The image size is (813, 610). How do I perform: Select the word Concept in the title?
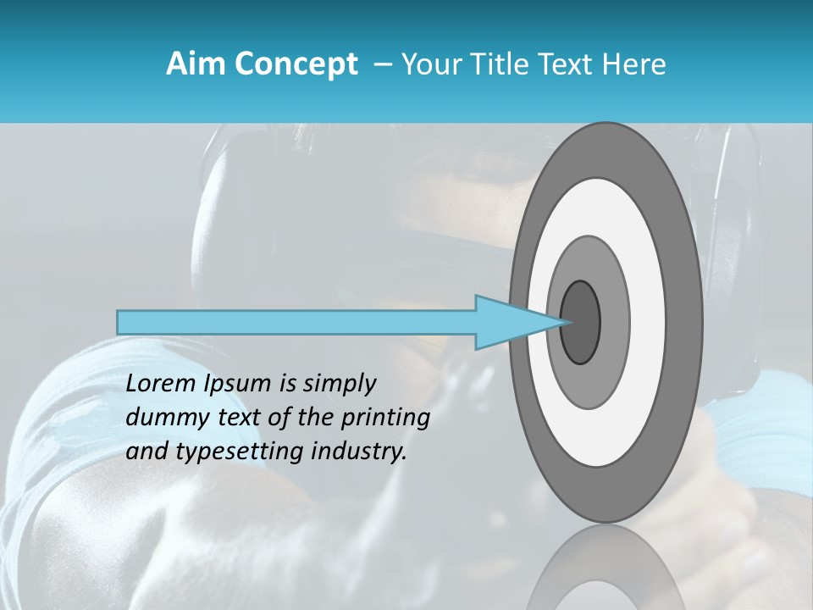pos(296,64)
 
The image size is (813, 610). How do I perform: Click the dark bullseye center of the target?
pos(580,323)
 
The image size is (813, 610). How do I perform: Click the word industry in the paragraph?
pos(361,452)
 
